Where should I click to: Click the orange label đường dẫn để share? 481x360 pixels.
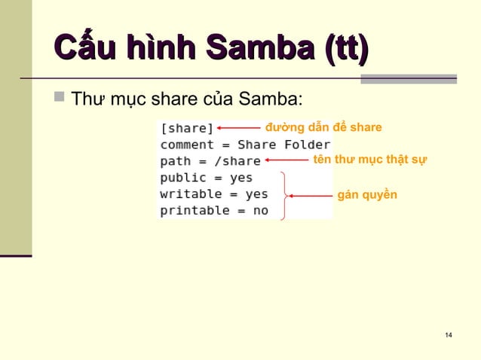pyautogui.click(x=323, y=127)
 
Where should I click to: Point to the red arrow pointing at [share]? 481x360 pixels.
pyautogui.click(x=238, y=128)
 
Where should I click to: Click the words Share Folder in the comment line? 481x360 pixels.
pyautogui.click(x=283, y=145)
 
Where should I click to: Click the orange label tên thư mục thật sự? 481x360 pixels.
pyautogui.click(x=369, y=160)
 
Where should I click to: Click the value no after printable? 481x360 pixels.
pyautogui.click(x=260, y=211)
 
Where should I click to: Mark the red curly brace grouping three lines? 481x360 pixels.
pyautogui.click(x=283, y=195)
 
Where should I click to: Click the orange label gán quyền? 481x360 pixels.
pyautogui.click(x=366, y=195)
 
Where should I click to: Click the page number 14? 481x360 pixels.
pyautogui.click(x=449, y=334)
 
